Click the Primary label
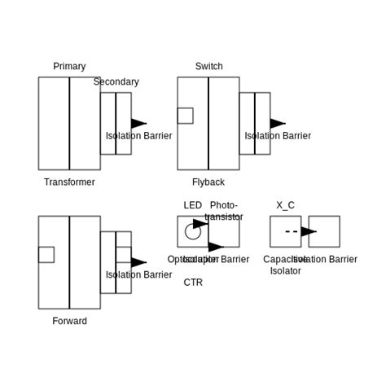click(69, 67)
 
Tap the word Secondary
click(116, 81)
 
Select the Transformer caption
click(69, 182)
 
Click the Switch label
click(208, 67)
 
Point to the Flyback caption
click(208, 182)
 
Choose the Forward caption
click(69, 321)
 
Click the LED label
click(193, 206)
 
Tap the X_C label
click(285, 206)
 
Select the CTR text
click(193, 283)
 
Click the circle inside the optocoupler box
click(192, 232)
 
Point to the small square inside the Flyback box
click(185, 116)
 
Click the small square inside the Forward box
click(46, 255)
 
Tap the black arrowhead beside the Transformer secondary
click(138, 124)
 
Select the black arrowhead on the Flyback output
click(278, 124)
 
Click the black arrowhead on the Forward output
click(138, 262)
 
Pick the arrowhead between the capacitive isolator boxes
click(309, 231)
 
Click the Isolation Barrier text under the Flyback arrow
click(278, 136)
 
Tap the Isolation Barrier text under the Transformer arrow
click(138, 136)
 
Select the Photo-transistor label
click(224, 211)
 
